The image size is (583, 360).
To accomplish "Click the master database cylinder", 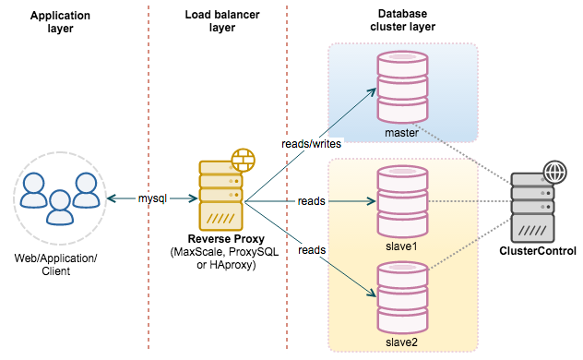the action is pyautogui.click(x=402, y=88).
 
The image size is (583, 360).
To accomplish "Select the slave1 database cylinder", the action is pyautogui.click(x=402, y=201).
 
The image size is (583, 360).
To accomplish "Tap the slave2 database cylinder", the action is pyautogui.click(x=402, y=298).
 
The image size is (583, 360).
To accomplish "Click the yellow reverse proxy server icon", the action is pyautogui.click(x=220, y=196).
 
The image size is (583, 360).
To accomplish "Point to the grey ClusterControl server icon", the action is pyautogui.click(x=533, y=208).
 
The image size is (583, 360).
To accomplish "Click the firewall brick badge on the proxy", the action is pyautogui.click(x=244, y=161).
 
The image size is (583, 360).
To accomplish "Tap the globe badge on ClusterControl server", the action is pyautogui.click(x=554, y=173).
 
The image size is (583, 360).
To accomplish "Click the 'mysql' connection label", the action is pyautogui.click(x=152, y=198).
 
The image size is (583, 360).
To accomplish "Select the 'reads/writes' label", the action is pyautogui.click(x=311, y=144).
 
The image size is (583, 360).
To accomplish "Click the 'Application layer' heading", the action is pyautogui.click(x=60, y=21).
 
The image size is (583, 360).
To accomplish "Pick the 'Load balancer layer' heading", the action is pyautogui.click(x=222, y=21).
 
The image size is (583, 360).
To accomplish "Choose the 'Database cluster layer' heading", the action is pyautogui.click(x=403, y=20).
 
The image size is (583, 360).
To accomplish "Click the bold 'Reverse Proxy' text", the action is pyautogui.click(x=226, y=239).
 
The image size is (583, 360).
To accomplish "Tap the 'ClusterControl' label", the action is pyautogui.click(x=538, y=251).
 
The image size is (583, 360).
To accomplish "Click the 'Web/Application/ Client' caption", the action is pyautogui.click(x=55, y=264).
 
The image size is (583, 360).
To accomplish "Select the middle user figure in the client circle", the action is pyautogui.click(x=59, y=208).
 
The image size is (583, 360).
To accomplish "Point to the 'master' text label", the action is pyautogui.click(x=401, y=133).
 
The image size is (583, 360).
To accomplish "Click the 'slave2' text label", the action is pyautogui.click(x=401, y=342).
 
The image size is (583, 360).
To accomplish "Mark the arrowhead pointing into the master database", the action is pyautogui.click(x=372, y=92).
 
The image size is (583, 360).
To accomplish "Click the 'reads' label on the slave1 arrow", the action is pyautogui.click(x=312, y=201).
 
